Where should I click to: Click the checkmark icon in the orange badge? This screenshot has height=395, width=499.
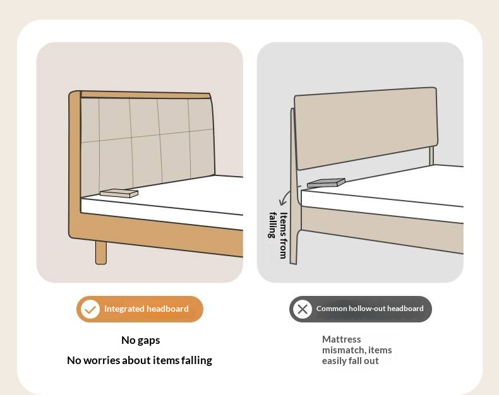[90, 309]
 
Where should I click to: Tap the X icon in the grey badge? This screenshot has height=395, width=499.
[303, 309]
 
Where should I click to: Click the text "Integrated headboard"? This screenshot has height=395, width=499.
[147, 309]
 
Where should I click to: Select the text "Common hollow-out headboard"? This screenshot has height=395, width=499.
[370, 309]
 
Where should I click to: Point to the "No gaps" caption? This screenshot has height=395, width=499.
[141, 340]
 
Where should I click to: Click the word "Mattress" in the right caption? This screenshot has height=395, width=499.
[342, 339]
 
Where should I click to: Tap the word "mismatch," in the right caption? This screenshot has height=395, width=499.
[344, 350]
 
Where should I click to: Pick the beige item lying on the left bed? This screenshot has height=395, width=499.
[119, 193]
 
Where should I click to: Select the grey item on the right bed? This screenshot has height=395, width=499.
[326, 182]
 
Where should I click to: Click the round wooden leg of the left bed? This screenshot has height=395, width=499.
[101, 252]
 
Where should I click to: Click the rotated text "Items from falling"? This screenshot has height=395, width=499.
[278, 235]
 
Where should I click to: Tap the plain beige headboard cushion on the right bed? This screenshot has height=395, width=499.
[366, 128]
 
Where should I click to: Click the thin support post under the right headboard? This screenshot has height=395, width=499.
[431, 155]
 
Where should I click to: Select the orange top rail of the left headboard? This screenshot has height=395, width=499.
[145, 95]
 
